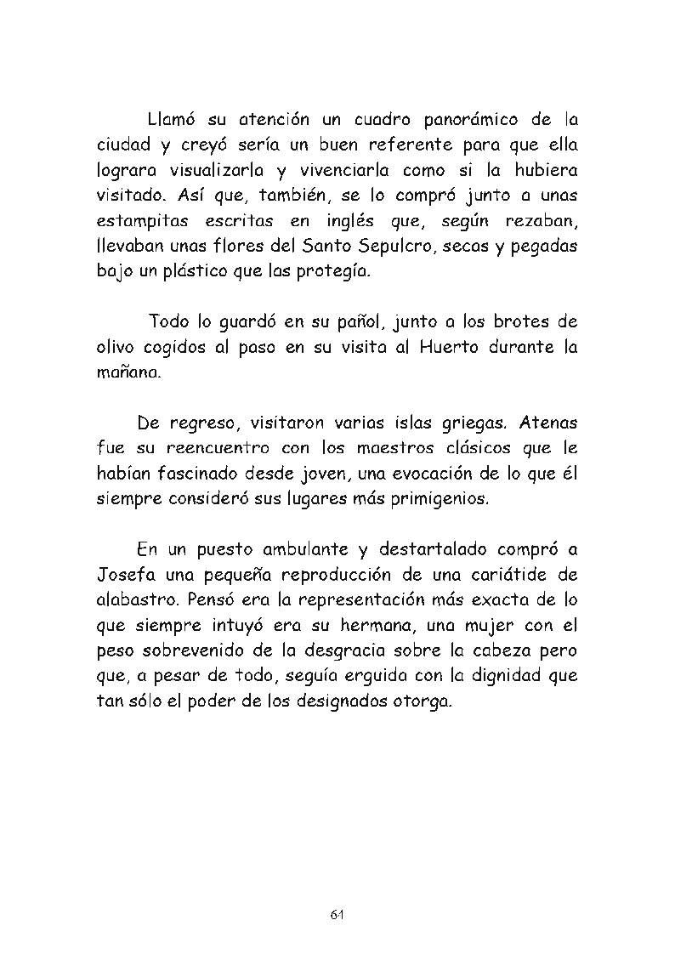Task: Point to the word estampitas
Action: pyautogui.click(x=142, y=221)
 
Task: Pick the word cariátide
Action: pyautogui.click(x=510, y=574)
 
